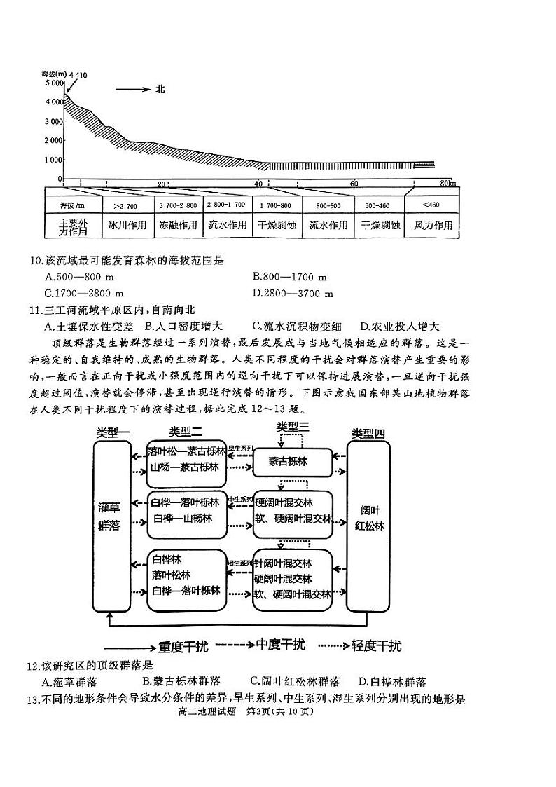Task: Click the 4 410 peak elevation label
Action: [78, 74]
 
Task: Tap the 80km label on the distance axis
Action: [448, 184]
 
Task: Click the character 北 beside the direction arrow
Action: [160, 89]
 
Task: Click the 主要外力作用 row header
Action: [73, 226]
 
